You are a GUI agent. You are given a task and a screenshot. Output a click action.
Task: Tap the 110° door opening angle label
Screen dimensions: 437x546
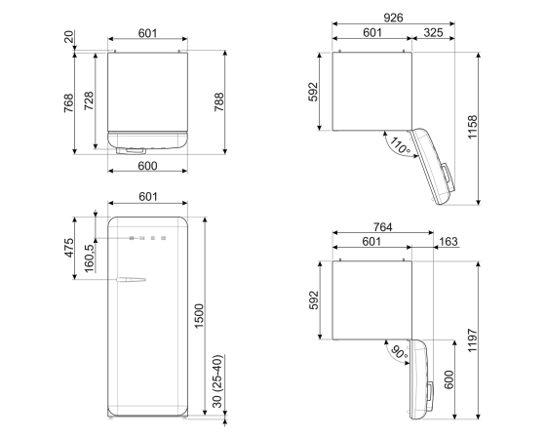click(x=398, y=148)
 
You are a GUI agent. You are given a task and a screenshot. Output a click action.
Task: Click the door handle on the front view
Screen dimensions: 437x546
click(x=130, y=282)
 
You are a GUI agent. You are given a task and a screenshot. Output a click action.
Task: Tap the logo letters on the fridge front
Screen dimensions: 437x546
click(x=146, y=237)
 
